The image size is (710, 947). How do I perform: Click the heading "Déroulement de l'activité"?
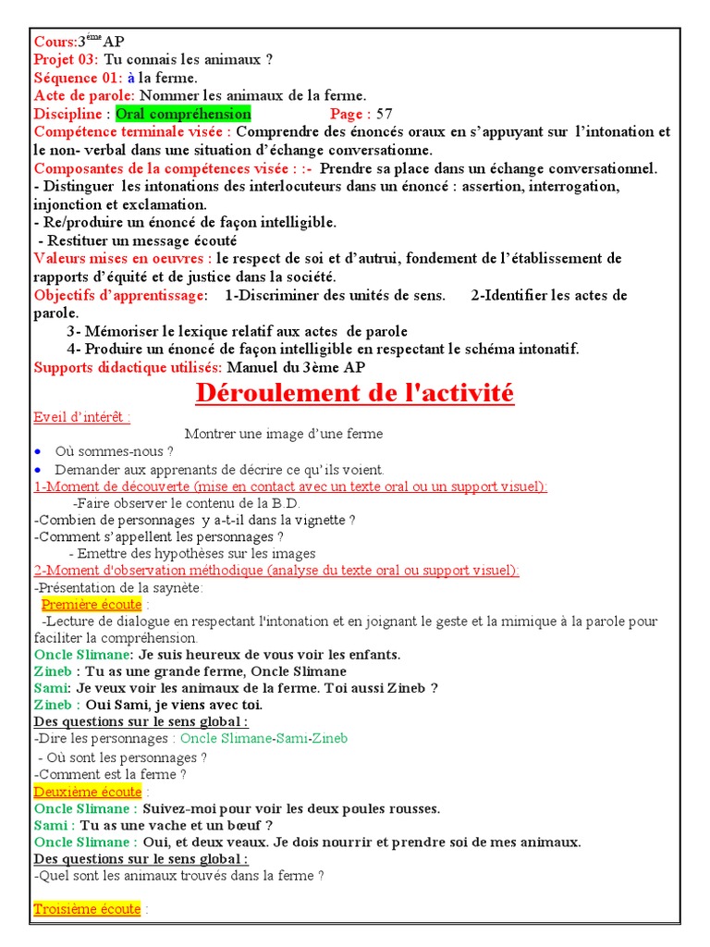click(x=354, y=394)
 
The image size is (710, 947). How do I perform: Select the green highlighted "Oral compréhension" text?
click(x=183, y=114)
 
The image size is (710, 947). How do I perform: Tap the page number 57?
click(x=384, y=114)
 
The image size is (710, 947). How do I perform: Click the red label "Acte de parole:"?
click(x=84, y=95)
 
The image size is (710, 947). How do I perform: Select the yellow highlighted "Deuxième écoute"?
click(x=88, y=792)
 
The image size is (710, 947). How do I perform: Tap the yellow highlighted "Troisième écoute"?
click(x=87, y=909)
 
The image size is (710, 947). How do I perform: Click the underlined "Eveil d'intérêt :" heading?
click(x=81, y=416)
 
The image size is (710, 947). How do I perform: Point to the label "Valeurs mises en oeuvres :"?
click(x=123, y=258)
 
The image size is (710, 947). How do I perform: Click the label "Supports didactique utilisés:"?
click(x=128, y=367)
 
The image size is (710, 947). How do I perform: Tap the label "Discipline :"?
click(x=72, y=114)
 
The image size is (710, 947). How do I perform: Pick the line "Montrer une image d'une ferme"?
click(x=284, y=434)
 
